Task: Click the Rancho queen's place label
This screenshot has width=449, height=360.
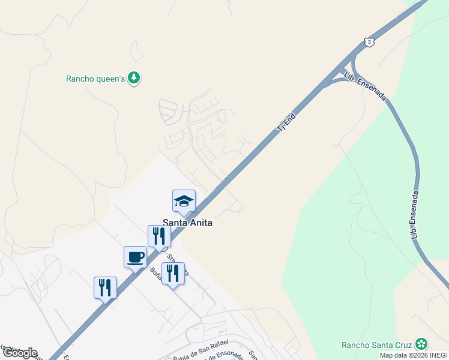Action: [95, 78]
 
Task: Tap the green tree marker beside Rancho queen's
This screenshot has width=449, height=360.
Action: [135, 78]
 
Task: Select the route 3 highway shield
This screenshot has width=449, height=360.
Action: [369, 41]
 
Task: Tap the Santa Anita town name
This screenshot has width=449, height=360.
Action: [188, 222]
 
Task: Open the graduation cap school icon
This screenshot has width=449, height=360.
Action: [184, 201]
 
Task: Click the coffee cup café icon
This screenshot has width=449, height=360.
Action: [135, 257]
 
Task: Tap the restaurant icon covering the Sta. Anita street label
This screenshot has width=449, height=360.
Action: [173, 273]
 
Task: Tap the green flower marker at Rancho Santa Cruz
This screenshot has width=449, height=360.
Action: [422, 344]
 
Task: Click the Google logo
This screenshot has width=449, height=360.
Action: [20, 353]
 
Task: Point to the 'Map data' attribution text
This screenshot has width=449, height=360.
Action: [394, 355]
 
